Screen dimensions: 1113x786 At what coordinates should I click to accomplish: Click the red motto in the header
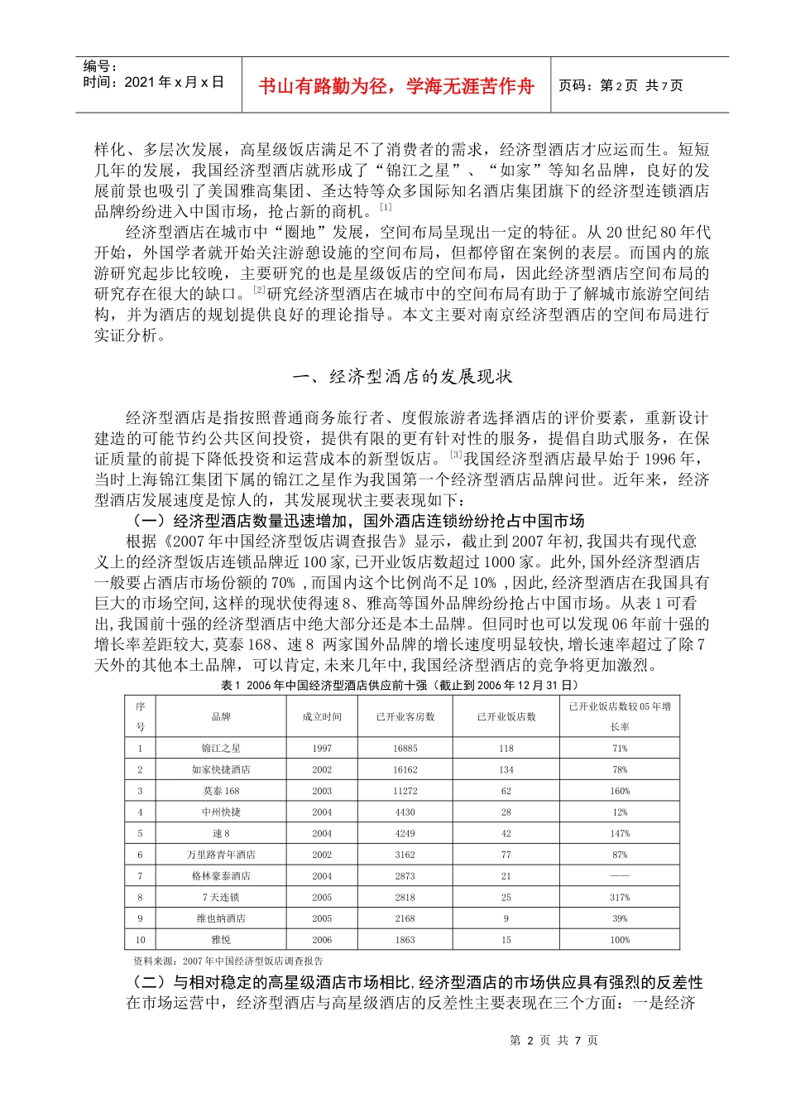coord(396,86)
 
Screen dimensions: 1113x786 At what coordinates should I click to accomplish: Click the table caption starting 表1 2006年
coord(400,685)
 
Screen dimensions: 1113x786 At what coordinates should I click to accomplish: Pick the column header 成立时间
coord(322,716)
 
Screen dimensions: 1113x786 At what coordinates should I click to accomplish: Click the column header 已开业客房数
coord(405,716)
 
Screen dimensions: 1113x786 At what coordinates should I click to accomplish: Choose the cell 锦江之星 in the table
coord(221,748)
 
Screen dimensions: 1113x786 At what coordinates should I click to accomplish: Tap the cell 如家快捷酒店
coord(221,769)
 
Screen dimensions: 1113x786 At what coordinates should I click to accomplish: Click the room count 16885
coord(405,748)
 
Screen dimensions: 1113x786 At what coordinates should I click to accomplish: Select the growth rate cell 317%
coord(620,897)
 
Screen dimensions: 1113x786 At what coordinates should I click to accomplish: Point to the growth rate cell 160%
coord(620,791)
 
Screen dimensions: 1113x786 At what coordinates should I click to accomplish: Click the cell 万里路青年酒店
coord(221,855)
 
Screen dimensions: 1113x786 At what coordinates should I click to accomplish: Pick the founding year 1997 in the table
coord(322,748)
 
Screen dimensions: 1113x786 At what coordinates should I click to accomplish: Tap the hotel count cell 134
coord(506,769)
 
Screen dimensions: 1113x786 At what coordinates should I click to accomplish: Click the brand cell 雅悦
coord(221,940)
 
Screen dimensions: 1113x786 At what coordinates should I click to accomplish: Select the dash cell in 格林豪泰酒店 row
coord(620,876)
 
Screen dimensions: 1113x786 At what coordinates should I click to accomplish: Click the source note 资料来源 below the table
coord(228,961)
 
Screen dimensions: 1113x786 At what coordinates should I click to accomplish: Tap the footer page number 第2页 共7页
coord(554,1040)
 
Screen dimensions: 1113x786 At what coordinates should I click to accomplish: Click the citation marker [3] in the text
coord(456,455)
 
